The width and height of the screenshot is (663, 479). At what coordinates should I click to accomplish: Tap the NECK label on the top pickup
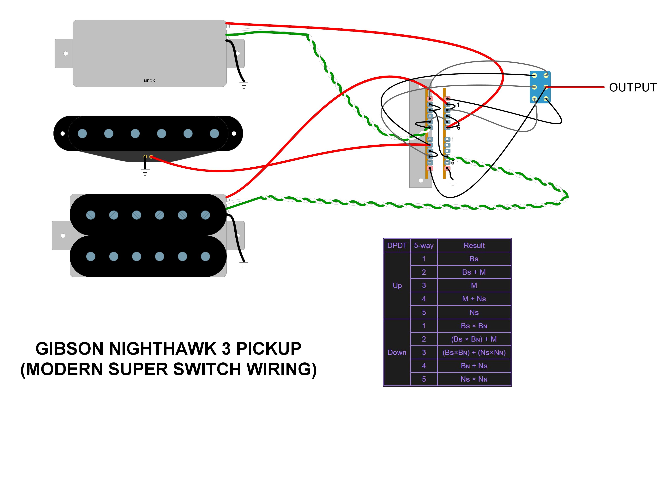click(149, 81)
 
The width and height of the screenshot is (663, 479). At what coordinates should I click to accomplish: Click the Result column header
click(474, 245)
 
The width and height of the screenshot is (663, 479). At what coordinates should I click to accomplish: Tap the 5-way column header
click(424, 245)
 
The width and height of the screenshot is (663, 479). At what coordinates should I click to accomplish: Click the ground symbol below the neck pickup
click(244, 85)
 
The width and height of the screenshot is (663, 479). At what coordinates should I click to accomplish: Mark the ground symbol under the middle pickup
click(145, 172)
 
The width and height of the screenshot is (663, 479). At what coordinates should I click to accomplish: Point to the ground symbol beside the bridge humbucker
click(244, 265)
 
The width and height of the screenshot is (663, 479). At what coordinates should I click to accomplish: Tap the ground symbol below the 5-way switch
click(453, 184)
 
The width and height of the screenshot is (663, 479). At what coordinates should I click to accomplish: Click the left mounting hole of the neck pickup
click(66, 53)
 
